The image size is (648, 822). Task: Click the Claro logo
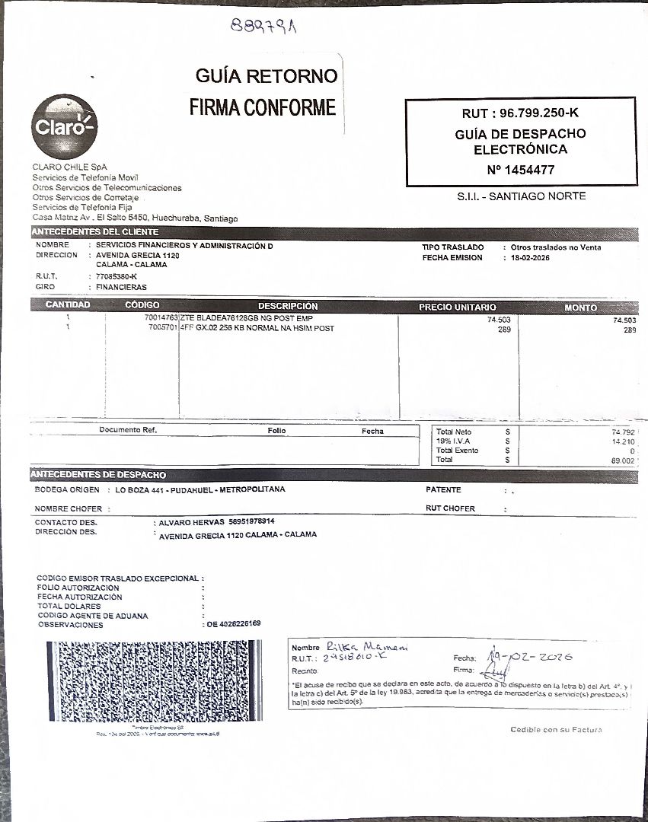[65, 126]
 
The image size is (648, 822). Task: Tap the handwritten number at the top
[264, 27]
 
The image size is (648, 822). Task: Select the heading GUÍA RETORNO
[266, 76]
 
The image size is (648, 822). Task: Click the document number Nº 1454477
[520, 170]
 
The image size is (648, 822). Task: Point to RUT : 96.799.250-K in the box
[520, 113]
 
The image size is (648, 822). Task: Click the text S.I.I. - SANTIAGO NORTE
[521, 196]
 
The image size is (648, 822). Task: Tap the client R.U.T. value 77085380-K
[117, 276]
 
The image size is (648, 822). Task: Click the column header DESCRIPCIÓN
[288, 306]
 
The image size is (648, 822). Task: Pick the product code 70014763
[161, 318]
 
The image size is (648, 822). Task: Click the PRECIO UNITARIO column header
[457, 307]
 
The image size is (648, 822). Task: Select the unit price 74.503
[499, 320]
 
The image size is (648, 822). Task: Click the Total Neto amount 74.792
[622, 432]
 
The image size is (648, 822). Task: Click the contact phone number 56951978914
[251, 522]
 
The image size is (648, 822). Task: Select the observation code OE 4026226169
[234, 624]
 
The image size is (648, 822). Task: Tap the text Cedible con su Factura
[556, 730]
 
